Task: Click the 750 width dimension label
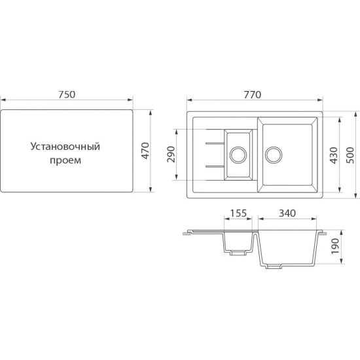(x=67, y=94)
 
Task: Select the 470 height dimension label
(x=145, y=151)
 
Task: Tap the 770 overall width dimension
(x=253, y=95)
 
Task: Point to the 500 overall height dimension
(x=351, y=155)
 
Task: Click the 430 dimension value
(x=334, y=155)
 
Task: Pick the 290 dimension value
(x=171, y=154)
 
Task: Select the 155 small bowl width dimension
(x=238, y=213)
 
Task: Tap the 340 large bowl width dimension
(x=287, y=213)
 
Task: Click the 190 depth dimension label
(x=335, y=246)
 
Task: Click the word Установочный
(x=65, y=147)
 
